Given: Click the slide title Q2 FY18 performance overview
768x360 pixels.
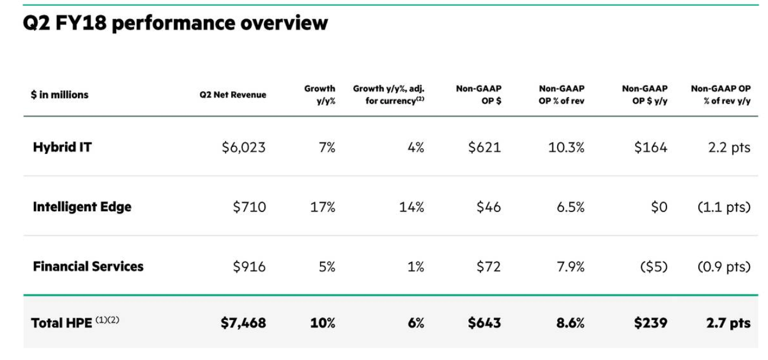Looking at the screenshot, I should coord(175,24).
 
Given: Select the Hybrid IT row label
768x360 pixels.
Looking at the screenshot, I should coord(62,147).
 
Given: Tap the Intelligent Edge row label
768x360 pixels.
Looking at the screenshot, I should coord(82,207).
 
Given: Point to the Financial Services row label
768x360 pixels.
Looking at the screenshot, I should coord(88,267).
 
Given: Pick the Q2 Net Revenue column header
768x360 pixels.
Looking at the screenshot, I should coord(232,95).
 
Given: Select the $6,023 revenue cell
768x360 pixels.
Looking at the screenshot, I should coord(243,147).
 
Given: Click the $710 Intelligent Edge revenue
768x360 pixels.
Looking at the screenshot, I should coord(249,207).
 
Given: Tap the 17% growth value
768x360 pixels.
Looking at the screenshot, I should coord(322,207).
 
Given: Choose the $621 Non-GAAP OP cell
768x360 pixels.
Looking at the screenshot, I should coord(485,147).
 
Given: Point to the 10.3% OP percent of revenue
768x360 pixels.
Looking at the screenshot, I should coord(566,147).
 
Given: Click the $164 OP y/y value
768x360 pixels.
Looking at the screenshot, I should coord(651,147).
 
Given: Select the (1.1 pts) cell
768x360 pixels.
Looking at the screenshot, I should coord(724,207).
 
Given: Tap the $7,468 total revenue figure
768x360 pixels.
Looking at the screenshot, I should coord(243,323).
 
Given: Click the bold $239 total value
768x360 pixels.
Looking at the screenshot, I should coord(651,323).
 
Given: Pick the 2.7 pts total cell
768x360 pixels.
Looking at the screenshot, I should coord(728,323).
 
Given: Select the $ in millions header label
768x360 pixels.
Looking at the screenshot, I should coord(60,95).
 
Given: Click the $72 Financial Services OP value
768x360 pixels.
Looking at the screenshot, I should coord(488,267).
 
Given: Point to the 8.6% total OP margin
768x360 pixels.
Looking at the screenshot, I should coord(570,323).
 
